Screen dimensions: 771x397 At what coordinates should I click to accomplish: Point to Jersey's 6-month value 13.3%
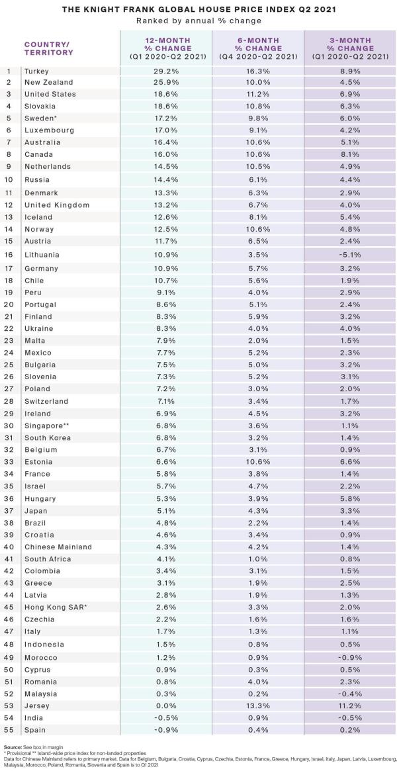tap(258, 706)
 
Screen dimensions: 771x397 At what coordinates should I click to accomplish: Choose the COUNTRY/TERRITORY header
tap(48, 48)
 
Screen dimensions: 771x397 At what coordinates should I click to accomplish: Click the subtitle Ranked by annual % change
tap(198, 21)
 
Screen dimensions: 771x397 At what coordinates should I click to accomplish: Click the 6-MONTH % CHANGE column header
tap(258, 48)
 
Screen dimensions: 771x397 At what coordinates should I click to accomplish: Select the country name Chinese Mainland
tap(58, 546)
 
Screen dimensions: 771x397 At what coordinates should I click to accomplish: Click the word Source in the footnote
tap(13, 746)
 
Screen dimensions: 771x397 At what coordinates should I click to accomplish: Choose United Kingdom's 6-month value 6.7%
tap(258, 205)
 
